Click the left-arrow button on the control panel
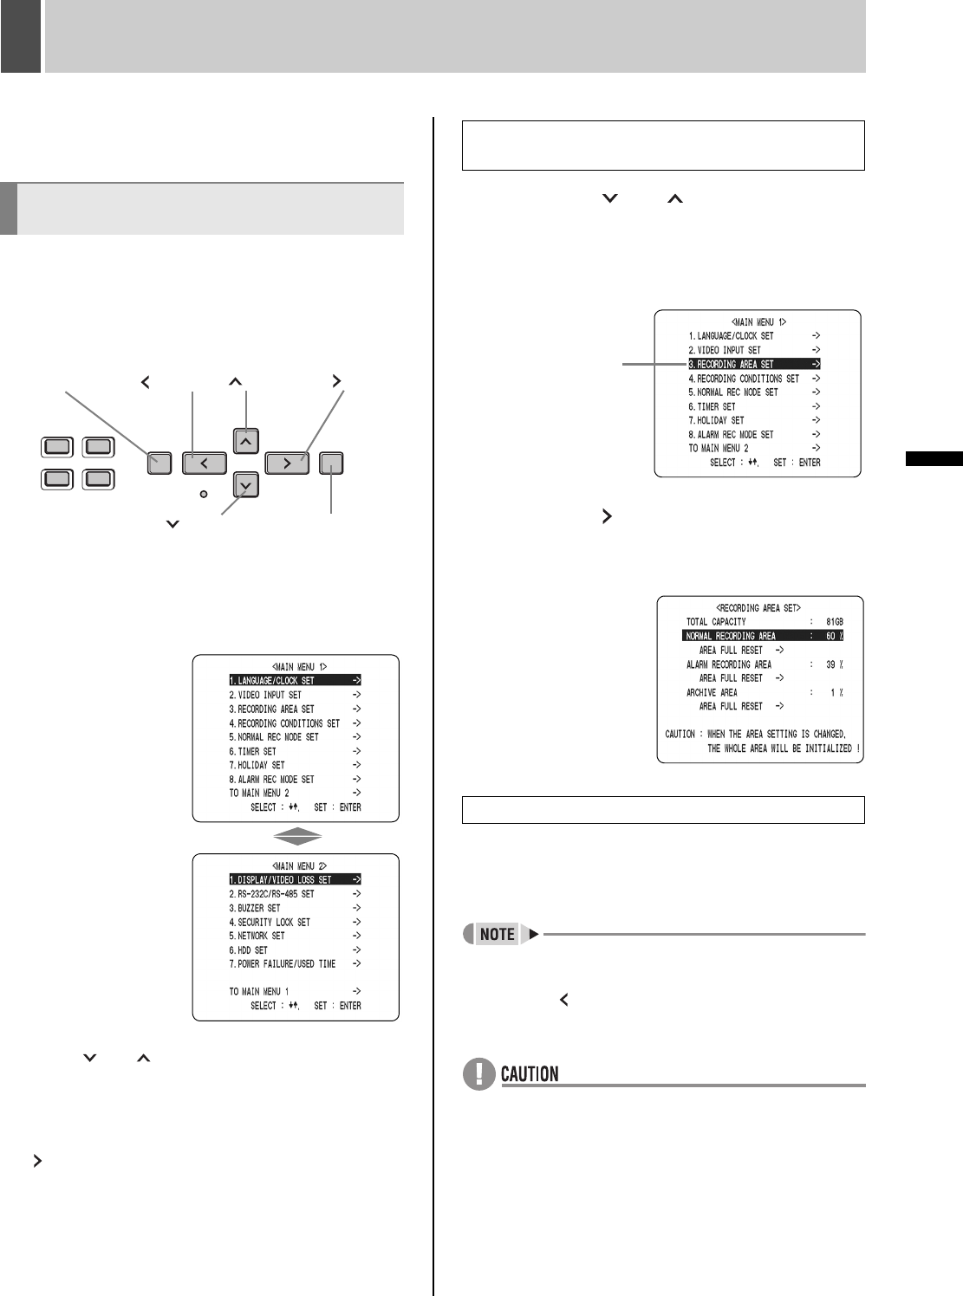(205, 463)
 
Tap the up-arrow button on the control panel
(246, 441)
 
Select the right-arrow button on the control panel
(287, 463)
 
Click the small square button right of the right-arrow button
(331, 463)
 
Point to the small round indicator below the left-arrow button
(204, 494)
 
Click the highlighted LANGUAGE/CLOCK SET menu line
(295, 681)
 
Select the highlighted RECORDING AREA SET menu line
(754, 364)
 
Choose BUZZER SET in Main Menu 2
(255, 908)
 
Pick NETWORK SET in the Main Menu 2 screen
(257, 936)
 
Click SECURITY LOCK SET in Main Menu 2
(270, 922)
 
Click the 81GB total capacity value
(834, 622)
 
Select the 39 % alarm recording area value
(834, 664)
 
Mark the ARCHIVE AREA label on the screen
(712, 692)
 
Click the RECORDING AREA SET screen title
(758, 608)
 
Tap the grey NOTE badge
(497, 934)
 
